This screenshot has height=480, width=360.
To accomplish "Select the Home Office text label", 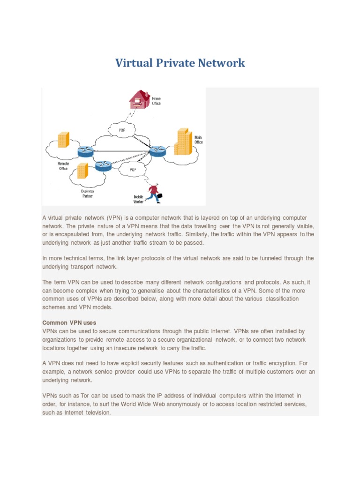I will (156, 101).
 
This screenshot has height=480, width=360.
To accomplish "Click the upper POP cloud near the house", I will (121, 129).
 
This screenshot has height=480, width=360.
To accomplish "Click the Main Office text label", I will (199, 139).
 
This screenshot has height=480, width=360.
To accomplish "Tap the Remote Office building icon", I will (63, 140).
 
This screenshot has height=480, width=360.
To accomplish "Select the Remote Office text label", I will (63, 165).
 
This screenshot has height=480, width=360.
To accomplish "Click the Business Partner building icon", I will (82, 171).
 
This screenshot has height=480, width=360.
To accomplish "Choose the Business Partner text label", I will (87, 193).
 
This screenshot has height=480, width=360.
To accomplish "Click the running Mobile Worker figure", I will (153, 193).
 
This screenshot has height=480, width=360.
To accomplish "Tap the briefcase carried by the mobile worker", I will (159, 195).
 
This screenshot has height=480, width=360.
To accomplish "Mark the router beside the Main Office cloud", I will (157, 150).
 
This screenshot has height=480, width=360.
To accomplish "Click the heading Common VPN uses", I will (69, 323).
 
